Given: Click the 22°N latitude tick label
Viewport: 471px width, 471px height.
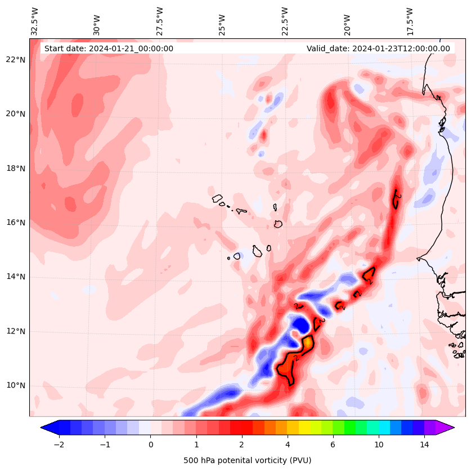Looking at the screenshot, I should (16, 60).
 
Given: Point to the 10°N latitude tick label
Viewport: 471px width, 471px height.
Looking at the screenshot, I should (16, 385).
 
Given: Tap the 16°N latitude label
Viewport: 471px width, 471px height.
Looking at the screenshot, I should (16, 223).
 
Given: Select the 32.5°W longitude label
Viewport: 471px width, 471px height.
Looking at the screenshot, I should (35, 21).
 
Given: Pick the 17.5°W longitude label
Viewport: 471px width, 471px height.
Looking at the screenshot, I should (410, 21).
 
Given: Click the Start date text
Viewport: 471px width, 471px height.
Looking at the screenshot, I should (109, 48).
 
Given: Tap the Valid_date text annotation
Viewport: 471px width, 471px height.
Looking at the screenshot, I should (378, 48).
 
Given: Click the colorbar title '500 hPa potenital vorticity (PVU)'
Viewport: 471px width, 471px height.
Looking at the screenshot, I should (247, 460).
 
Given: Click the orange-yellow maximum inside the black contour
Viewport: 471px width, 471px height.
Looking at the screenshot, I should (308, 342).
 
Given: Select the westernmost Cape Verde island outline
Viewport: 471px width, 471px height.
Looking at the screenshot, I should (217, 198).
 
